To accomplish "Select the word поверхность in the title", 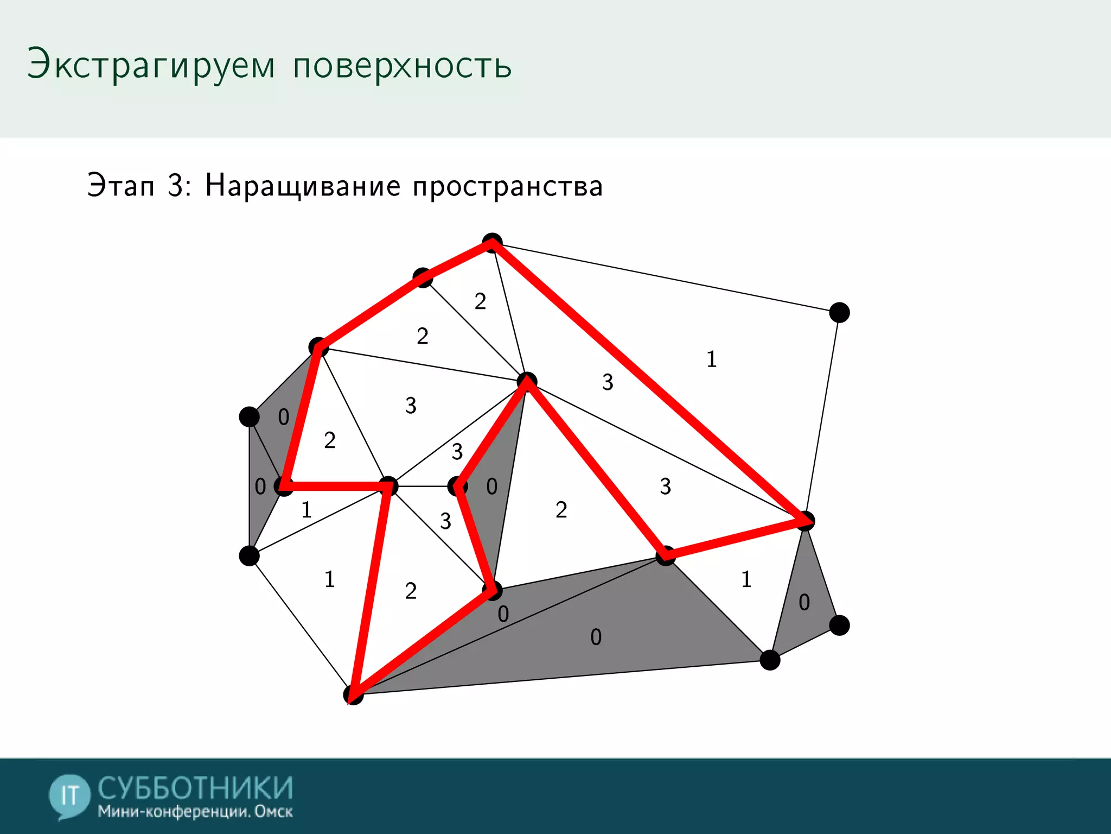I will [402, 66].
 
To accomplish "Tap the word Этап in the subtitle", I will [120, 186].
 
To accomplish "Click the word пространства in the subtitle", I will [508, 187].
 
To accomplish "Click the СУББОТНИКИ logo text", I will [195, 788].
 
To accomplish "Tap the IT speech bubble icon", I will [69, 796].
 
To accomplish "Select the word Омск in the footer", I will [273, 812].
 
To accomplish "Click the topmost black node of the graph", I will [492, 243].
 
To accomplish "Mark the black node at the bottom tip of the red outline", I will [353, 694].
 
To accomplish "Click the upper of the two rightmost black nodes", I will [839, 312].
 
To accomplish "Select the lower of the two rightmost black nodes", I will [839, 625].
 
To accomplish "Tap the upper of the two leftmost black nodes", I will [249, 416].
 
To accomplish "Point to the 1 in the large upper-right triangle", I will [712, 359].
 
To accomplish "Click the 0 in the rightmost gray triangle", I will [804, 602].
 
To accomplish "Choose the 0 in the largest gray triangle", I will [596, 637].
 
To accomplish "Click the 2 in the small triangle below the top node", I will [480, 301].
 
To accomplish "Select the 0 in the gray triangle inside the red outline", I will [491, 486].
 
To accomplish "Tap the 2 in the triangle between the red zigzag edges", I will [561, 510].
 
